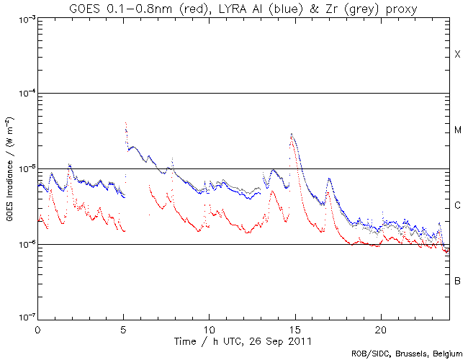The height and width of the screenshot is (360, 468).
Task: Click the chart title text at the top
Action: pos(243,8)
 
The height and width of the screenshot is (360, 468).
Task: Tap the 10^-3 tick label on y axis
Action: pos(24,18)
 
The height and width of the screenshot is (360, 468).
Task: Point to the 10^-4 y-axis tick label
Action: pos(24,94)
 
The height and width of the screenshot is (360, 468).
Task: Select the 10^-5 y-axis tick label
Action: pos(24,169)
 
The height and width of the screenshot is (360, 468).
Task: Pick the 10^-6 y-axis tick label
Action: pos(24,245)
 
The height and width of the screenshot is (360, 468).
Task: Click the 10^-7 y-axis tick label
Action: pos(24,318)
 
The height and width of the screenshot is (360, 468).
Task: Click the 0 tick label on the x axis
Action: pos(37,328)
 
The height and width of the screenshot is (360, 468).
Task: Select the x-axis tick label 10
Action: pos(209,328)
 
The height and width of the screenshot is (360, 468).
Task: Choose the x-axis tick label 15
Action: pos(294,328)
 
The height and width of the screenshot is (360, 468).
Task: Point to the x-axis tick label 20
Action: pos(380,328)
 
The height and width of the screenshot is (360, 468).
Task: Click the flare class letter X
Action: pos(457,55)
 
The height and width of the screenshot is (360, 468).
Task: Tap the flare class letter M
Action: pos(457,130)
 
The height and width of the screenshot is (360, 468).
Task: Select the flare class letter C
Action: pos(457,206)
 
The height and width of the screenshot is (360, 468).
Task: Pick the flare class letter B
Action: pos(457,280)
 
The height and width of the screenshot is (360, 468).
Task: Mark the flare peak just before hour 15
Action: pos(291,134)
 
